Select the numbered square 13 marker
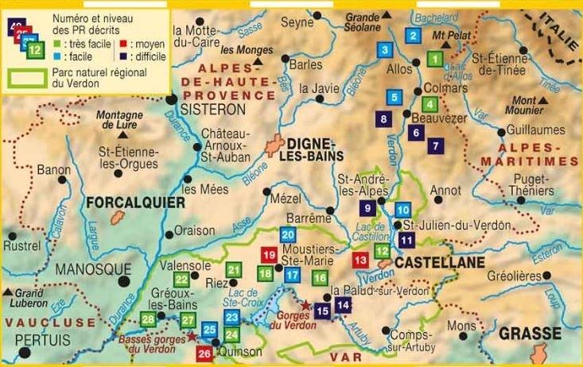tap(360, 259)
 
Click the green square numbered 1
tap(435, 58)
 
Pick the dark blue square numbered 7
tap(434, 146)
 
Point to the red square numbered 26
tap(204, 353)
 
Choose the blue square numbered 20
tap(288, 234)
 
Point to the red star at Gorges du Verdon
tap(305, 303)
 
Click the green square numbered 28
tap(148, 320)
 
